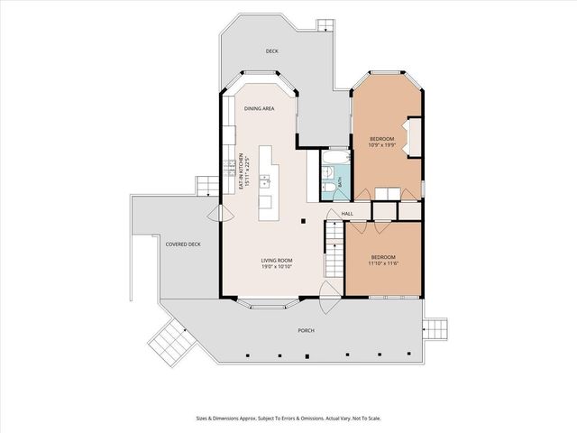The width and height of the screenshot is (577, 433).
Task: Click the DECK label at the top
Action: (272, 51)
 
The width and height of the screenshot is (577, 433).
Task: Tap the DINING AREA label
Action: (259, 108)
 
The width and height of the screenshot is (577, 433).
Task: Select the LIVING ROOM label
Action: (277, 261)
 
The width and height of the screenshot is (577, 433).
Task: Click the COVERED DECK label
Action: (183, 244)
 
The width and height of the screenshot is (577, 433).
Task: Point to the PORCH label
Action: (306, 331)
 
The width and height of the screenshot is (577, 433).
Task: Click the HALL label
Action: (347, 214)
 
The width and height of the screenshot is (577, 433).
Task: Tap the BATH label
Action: (340, 182)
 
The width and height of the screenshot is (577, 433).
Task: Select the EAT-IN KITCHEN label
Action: (242, 172)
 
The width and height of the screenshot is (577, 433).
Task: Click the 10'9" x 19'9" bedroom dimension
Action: (381, 144)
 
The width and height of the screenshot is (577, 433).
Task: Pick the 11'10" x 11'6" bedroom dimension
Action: (383, 263)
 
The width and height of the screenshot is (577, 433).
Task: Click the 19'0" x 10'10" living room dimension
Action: (277, 267)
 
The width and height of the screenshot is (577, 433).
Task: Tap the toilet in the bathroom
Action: (329, 188)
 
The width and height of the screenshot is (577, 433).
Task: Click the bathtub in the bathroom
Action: (335, 157)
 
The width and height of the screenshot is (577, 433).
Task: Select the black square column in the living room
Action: (303, 221)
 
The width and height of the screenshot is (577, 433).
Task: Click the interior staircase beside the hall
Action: (334, 249)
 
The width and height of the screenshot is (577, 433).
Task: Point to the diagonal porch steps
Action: (172, 343)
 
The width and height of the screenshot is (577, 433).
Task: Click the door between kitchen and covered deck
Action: (220, 214)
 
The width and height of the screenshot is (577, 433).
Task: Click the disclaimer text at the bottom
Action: (288, 419)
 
